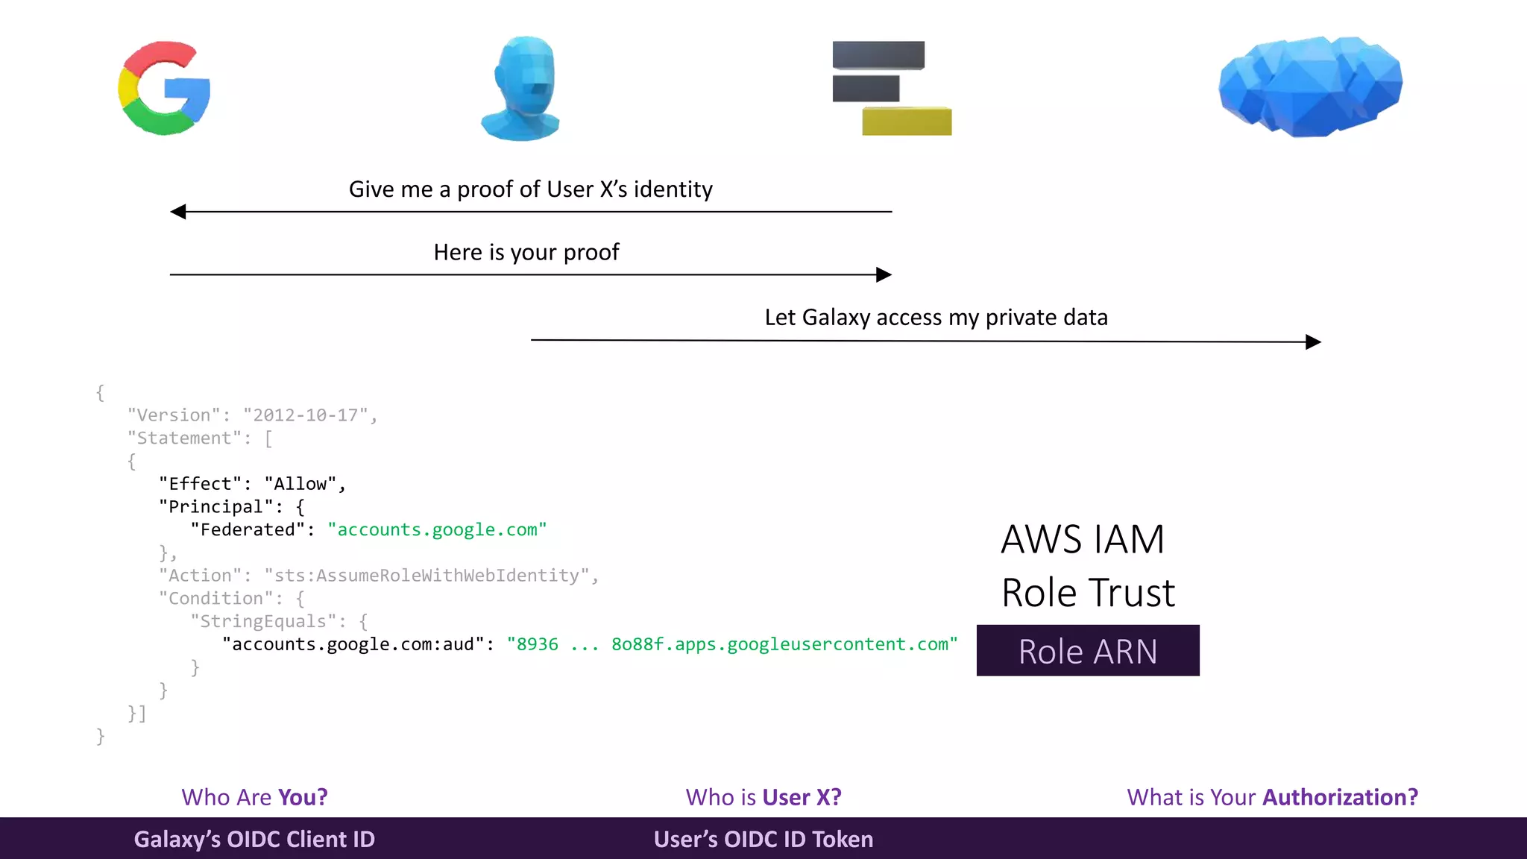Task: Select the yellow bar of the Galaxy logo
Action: (907, 121)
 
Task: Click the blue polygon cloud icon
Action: (1310, 86)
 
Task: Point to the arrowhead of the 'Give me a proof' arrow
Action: (178, 212)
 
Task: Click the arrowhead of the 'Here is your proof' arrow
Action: (884, 274)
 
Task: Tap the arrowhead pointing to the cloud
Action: (1313, 342)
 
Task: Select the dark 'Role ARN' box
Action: (1088, 651)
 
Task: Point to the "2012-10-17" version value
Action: (306, 415)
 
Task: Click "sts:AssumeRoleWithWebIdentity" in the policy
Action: (427, 576)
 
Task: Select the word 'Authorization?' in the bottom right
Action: (1340, 797)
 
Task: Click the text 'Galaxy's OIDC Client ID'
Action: (254, 840)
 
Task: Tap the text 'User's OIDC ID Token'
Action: (763, 840)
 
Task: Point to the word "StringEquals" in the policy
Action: (263, 622)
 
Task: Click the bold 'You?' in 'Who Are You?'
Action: (302, 797)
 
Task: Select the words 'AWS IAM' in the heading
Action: (1082, 539)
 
